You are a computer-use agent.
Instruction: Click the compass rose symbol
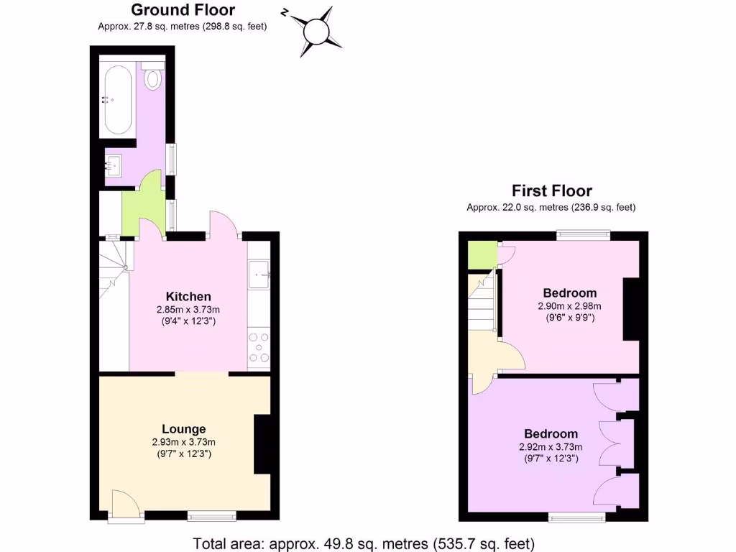coord(315,32)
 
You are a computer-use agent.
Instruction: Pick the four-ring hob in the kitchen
coord(259,348)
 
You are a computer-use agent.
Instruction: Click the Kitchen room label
coord(188,296)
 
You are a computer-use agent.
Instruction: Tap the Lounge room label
coord(183,429)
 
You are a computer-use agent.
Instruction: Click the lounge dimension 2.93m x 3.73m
coord(183,442)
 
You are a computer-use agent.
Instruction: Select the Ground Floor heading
coord(183,10)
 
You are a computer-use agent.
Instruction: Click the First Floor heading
coord(551,190)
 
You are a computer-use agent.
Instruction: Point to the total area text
coord(364,543)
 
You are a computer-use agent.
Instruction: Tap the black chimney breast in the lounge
coord(262,443)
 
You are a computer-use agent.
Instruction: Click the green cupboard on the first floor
coord(482,254)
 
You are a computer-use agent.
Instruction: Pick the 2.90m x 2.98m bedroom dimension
coord(569,306)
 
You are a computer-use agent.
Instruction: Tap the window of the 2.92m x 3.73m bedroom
coord(576,516)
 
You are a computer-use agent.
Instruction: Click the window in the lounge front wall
coord(211,515)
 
